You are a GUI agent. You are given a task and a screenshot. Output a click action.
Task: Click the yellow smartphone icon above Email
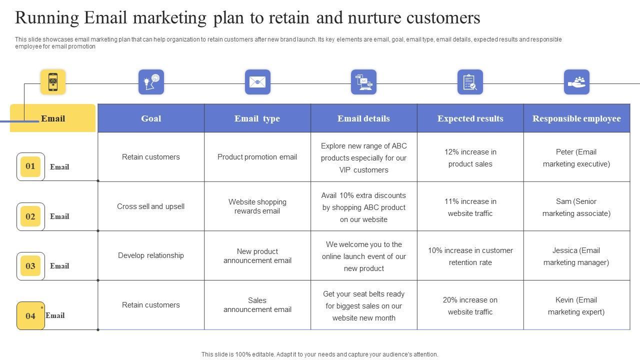[x=53, y=82]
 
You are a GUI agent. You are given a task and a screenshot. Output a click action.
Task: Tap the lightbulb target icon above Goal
[x=151, y=82]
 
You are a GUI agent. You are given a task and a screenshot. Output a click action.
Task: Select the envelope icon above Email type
[x=257, y=82]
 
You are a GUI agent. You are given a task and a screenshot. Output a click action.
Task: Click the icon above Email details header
[x=363, y=82]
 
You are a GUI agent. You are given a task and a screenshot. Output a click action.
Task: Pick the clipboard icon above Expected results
[x=470, y=82]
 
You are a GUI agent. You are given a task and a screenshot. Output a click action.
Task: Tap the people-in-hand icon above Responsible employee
[x=576, y=82]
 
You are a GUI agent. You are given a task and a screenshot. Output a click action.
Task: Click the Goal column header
[x=151, y=118]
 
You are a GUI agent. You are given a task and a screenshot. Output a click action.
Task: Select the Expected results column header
[x=470, y=118]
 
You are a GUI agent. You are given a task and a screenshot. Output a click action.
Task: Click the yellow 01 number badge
[x=30, y=166]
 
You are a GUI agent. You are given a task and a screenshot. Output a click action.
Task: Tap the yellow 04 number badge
[x=30, y=315]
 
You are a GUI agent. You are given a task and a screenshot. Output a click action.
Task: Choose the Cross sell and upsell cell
[x=151, y=206]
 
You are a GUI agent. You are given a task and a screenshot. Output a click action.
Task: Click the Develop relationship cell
[x=151, y=255]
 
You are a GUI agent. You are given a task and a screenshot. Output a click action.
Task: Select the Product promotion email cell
[x=257, y=157]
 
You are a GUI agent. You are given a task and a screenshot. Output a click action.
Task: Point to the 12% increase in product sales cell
[x=470, y=158]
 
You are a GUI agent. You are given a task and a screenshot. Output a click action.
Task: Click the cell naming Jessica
[x=576, y=256]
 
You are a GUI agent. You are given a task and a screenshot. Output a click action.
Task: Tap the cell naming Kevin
[x=576, y=306]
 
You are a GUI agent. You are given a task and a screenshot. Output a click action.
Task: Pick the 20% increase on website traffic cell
[x=470, y=306]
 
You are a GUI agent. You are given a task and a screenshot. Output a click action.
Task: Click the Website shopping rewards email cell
[x=257, y=206]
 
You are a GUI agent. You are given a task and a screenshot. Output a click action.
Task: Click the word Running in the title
[x=47, y=18]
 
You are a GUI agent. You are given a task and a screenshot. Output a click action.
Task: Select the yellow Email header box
[x=53, y=118]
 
